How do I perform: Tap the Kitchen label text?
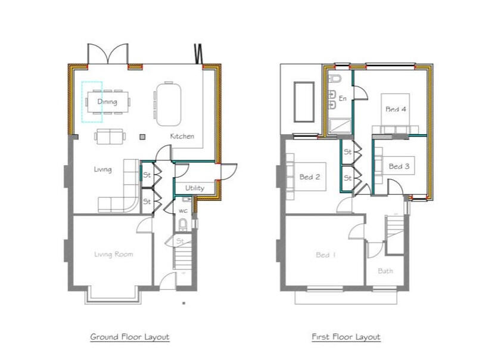pyautogui.click(x=182, y=136)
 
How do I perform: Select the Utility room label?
pyautogui.click(x=194, y=188)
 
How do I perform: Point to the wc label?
pyautogui.click(x=183, y=210)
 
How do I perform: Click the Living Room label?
pyautogui.click(x=113, y=255)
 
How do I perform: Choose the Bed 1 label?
pyautogui.click(x=326, y=255)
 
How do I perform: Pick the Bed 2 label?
pyautogui.click(x=310, y=177)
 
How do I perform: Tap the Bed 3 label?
pyautogui.click(x=399, y=166)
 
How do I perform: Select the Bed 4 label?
pyautogui.click(x=396, y=109)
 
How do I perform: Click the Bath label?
pyautogui.click(x=385, y=271)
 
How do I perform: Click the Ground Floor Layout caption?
pyautogui.click(x=129, y=337)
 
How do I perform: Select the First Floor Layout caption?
pyautogui.click(x=346, y=337)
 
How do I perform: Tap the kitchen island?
pyautogui.click(x=169, y=103)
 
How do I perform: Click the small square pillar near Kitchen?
pyautogui.click(x=142, y=138)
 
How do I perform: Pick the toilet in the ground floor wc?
pyautogui.click(x=183, y=225)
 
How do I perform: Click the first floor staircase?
pyautogui.click(x=394, y=234)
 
